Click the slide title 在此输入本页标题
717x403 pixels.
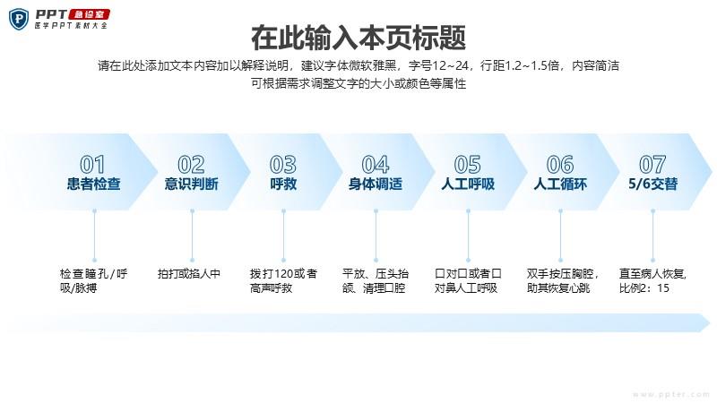coord(358,38)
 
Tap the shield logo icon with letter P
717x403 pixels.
coord(19,19)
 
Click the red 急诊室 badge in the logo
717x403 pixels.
coord(89,14)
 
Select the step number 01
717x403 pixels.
coord(92,165)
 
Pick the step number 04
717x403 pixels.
coord(376,165)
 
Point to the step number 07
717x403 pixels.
coord(652,165)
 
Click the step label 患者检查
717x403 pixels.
coord(94,184)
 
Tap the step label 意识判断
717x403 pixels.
coord(192,184)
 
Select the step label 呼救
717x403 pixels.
coord(283,184)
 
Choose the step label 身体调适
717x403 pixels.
coord(376,184)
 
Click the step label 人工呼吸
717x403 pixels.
coord(468,184)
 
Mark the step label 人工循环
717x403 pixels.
coord(560,184)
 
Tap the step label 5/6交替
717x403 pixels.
coord(652,184)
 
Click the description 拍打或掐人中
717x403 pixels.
coord(189,274)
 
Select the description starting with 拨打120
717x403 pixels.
coord(283,280)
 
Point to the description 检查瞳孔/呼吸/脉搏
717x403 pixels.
coord(94,280)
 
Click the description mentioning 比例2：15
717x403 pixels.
coord(652,280)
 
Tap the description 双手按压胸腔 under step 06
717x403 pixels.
coord(563,280)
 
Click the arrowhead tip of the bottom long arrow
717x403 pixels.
coord(710,322)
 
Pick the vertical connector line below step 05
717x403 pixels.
coord(468,236)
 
